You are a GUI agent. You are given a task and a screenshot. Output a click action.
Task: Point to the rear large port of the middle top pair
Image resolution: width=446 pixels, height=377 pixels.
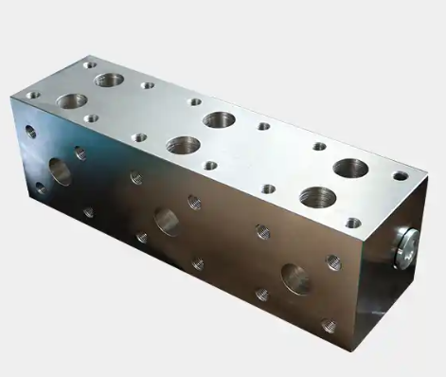click(x=219, y=119)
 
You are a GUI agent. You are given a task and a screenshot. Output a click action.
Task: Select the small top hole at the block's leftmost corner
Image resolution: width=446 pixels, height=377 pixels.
click(x=33, y=96)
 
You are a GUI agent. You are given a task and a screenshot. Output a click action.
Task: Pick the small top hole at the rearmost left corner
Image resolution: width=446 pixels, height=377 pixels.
click(x=90, y=64)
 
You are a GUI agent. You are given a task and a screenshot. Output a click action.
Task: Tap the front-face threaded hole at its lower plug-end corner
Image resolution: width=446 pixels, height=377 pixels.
click(x=328, y=324)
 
